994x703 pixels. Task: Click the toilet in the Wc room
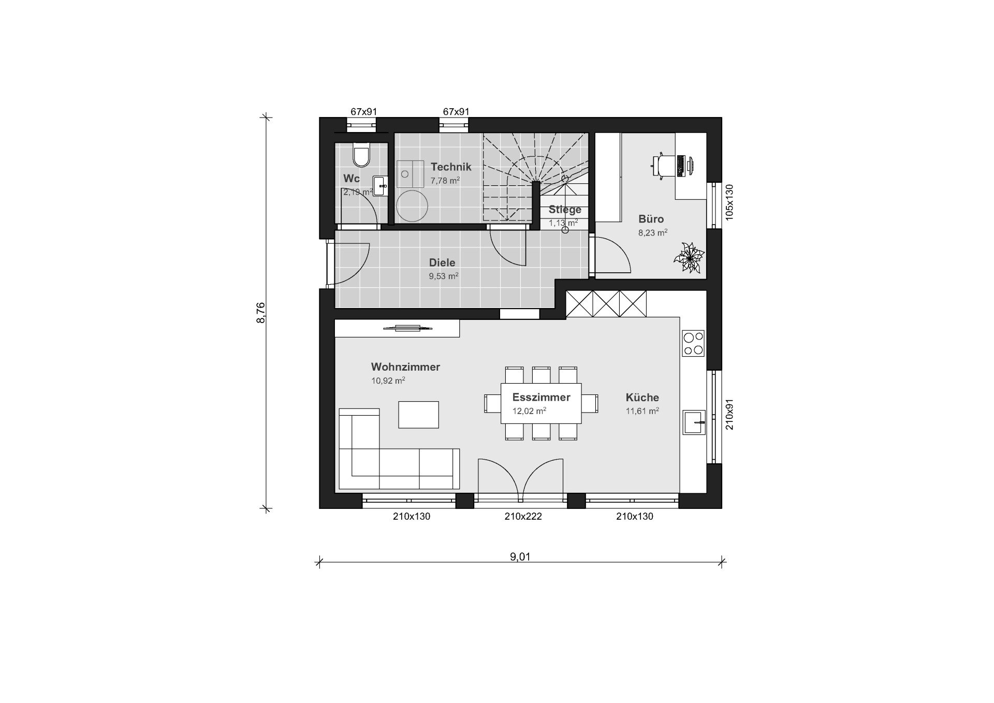pos(361,155)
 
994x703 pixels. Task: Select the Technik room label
pos(451,167)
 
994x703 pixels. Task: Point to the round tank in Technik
pos(412,206)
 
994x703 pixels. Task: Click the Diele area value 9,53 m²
pos(443,276)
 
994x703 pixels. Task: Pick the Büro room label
pos(651,218)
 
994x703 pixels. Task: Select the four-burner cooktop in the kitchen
pos(693,343)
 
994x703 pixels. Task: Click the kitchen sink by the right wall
pos(694,422)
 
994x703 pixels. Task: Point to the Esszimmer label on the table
pos(541,397)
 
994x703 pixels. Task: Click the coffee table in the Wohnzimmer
pos(418,415)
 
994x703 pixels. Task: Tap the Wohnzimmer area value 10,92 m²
pos(388,380)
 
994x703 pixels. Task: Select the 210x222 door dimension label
pos(523,516)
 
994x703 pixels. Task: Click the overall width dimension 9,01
pos(520,557)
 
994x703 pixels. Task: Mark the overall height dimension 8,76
pos(261,313)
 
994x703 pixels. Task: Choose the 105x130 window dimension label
pos(729,202)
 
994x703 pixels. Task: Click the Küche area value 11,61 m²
pos(642,411)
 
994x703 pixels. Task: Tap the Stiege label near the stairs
pos(565,210)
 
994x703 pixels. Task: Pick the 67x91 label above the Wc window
pos(363,111)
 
